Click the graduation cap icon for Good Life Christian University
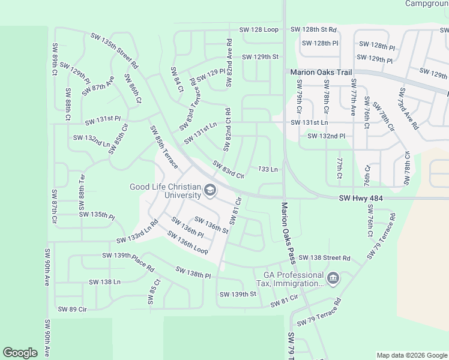click(x=209, y=191)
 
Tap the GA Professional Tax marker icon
click(x=333, y=278)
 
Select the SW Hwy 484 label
click(x=361, y=198)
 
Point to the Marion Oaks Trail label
click(x=321, y=72)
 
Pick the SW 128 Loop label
click(x=259, y=29)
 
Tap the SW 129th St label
click(x=261, y=56)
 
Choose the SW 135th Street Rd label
click(x=115, y=50)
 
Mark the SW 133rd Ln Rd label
click(x=137, y=232)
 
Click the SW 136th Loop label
click(x=188, y=242)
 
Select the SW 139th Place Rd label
click(x=128, y=263)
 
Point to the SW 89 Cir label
click(x=73, y=309)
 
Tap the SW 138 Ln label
click(x=104, y=281)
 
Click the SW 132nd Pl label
click(x=326, y=136)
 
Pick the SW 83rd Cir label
click(x=228, y=171)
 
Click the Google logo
click(x=20, y=353)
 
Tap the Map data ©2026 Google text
click(x=411, y=355)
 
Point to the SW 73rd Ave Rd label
click(x=409, y=109)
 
